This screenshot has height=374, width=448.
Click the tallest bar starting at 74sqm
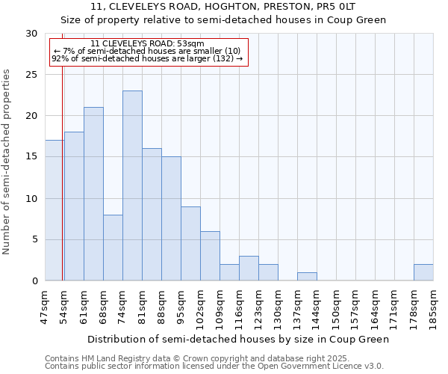(132, 186)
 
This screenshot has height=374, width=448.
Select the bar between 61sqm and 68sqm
(93, 194)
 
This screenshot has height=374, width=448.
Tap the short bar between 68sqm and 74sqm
(113, 248)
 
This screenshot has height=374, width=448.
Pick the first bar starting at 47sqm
(55, 210)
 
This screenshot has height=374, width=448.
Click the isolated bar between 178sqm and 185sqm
(423, 272)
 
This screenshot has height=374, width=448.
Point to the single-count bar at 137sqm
(307, 277)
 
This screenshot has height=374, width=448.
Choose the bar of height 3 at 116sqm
(249, 269)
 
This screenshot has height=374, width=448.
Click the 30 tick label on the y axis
(31, 34)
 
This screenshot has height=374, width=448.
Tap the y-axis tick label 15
(31, 157)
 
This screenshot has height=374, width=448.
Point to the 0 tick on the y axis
(34, 281)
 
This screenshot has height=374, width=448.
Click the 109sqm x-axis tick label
(220, 307)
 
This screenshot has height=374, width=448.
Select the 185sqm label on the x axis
(433, 307)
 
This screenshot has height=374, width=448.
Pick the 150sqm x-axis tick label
(336, 307)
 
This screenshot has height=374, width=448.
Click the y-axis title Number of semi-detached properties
(7, 161)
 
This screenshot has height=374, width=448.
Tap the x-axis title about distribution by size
(238, 339)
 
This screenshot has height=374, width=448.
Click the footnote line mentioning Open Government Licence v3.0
(214, 367)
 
